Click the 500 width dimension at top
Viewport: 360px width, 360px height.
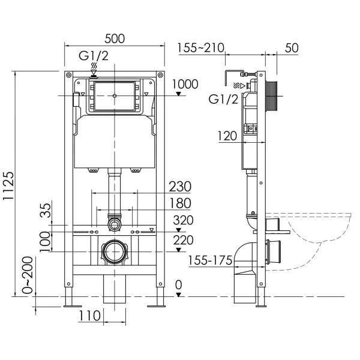click(113, 38)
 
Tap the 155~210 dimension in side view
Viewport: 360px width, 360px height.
click(202, 48)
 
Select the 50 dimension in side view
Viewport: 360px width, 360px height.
click(292, 48)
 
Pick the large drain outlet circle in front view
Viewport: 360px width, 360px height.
click(114, 252)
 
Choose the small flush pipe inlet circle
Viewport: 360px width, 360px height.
click(114, 226)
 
